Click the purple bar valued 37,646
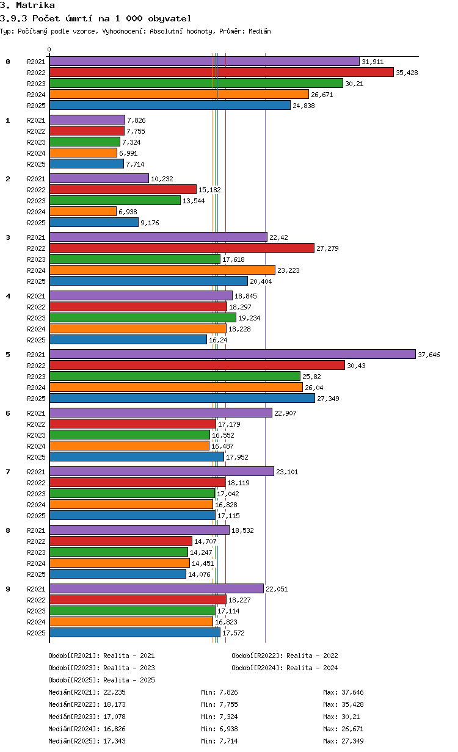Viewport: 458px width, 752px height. click(x=232, y=354)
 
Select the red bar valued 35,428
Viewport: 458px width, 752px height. click(x=222, y=72)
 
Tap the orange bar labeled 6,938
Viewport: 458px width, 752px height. click(x=83, y=211)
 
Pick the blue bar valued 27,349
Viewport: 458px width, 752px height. click(x=183, y=398)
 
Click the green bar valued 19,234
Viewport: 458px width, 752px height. click(x=143, y=317)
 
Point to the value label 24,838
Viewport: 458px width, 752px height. click(x=304, y=106)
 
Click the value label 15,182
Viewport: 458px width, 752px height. click(x=209, y=190)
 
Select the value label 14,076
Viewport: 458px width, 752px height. click(x=199, y=574)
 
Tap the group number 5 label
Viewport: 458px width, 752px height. click(x=8, y=355)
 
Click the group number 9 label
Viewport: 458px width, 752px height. click(x=8, y=589)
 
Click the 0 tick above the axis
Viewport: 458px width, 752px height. click(x=49, y=49)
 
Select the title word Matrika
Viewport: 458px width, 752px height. click(x=35, y=5)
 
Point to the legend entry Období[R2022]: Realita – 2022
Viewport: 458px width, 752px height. click(x=285, y=656)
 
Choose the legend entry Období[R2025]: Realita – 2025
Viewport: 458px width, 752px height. click(x=102, y=680)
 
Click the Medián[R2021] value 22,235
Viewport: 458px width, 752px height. click(x=115, y=692)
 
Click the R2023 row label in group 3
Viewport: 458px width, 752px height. click(x=36, y=259)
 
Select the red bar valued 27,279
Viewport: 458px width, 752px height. click(x=182, y=248)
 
